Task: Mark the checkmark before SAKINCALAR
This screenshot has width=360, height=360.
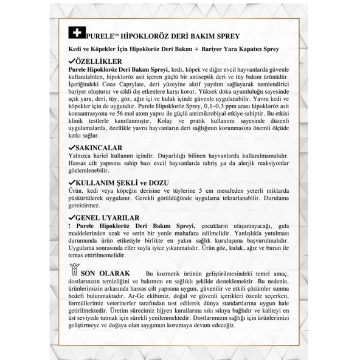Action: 72,148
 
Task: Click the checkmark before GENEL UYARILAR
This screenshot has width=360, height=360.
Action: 72,217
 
